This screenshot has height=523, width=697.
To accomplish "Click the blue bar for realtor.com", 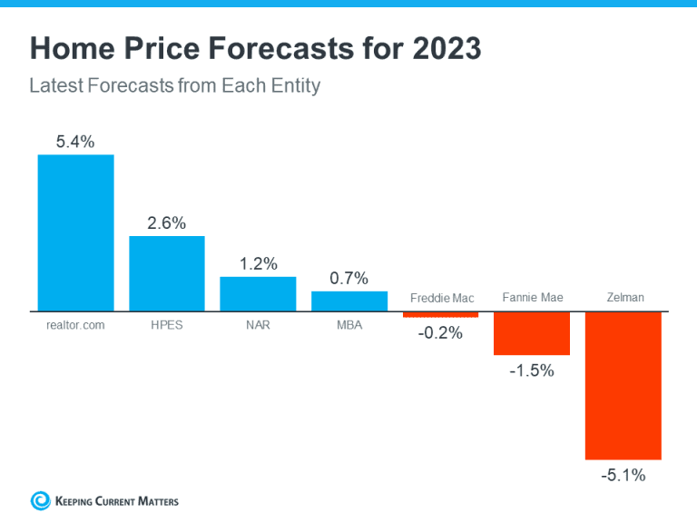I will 75,232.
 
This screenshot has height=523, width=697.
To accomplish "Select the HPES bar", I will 167,273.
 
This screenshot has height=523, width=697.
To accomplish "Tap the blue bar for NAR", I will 259,293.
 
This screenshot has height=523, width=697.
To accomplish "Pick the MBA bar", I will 349,301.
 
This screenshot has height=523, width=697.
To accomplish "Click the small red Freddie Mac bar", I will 440,314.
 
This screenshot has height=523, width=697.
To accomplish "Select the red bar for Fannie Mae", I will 532,333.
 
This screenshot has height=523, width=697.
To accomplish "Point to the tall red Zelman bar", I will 623,385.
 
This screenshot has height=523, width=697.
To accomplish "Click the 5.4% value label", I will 75,142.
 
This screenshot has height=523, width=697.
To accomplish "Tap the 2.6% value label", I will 167,222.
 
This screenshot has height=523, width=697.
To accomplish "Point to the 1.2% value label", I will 259,263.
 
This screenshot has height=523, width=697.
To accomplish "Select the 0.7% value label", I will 349,278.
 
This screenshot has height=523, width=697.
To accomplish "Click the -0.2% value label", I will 440,332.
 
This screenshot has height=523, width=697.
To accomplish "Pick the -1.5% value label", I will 532,370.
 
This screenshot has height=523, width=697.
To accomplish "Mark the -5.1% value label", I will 623,474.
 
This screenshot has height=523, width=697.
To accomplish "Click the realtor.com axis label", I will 75,324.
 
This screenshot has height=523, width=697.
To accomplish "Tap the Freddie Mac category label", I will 442,298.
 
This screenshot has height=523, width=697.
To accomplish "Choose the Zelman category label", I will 624,298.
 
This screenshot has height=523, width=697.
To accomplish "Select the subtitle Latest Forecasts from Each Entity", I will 175,87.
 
